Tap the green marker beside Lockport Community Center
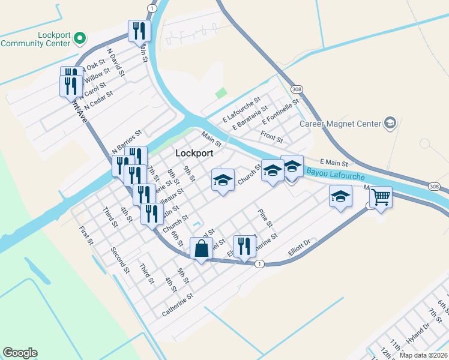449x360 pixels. [x=80, y=40]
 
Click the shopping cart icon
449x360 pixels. [x=381, y=196]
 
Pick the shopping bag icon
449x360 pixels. [x=201, y=248]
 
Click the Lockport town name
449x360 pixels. [x=194, y=153]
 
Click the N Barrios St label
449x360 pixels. [x=126, y=142]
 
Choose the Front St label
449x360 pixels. [x=272, y=138]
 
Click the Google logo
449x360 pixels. [x=20, y=353]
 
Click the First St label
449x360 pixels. [x=87, y=235]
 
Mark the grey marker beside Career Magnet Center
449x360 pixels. [x=391, y=123]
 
